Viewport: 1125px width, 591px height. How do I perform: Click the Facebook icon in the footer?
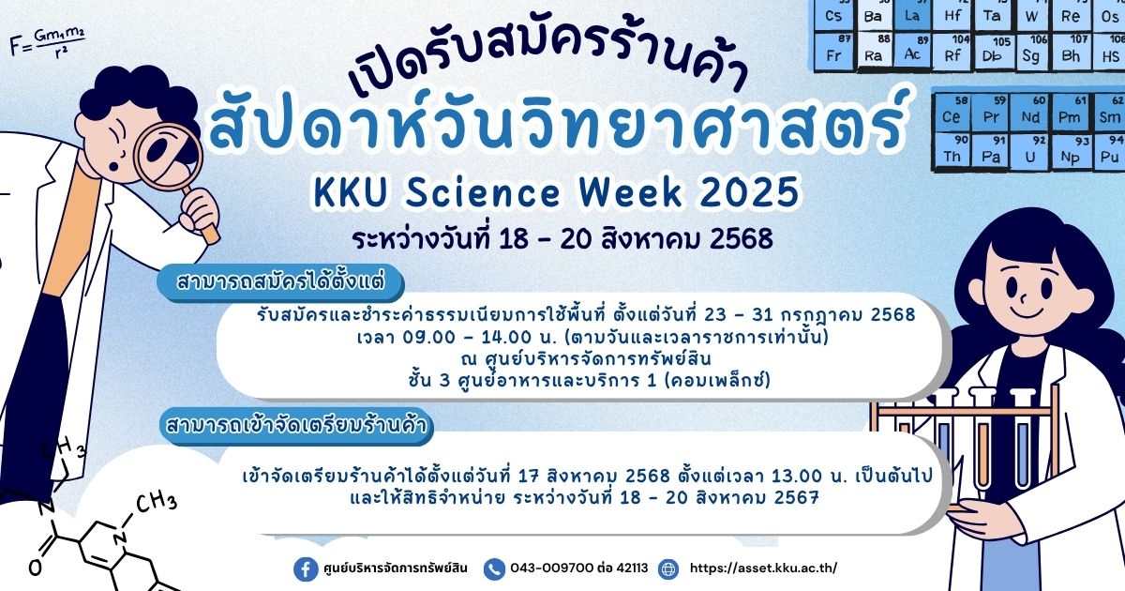click(306, 568)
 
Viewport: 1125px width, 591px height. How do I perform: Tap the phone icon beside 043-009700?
click(494, 568)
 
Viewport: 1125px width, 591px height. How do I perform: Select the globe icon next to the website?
click(668, 568)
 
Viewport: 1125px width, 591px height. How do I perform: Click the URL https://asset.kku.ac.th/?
click(763, 568)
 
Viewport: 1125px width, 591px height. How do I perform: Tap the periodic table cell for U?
click(1030, 152)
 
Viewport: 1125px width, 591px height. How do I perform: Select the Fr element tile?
click(834, 51)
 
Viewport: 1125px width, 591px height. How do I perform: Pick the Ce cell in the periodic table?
click(951, 112)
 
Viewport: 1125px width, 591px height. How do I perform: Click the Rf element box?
click(952, 51)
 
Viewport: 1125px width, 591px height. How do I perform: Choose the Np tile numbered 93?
click(1071, 152)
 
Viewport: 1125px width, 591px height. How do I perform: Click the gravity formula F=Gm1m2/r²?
click(47, 42)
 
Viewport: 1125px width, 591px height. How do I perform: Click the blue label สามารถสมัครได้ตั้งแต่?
click(280, 281)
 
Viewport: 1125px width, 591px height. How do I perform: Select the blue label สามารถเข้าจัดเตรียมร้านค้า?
click(296, 425)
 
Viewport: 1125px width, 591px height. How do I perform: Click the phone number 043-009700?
click(551, 568)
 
